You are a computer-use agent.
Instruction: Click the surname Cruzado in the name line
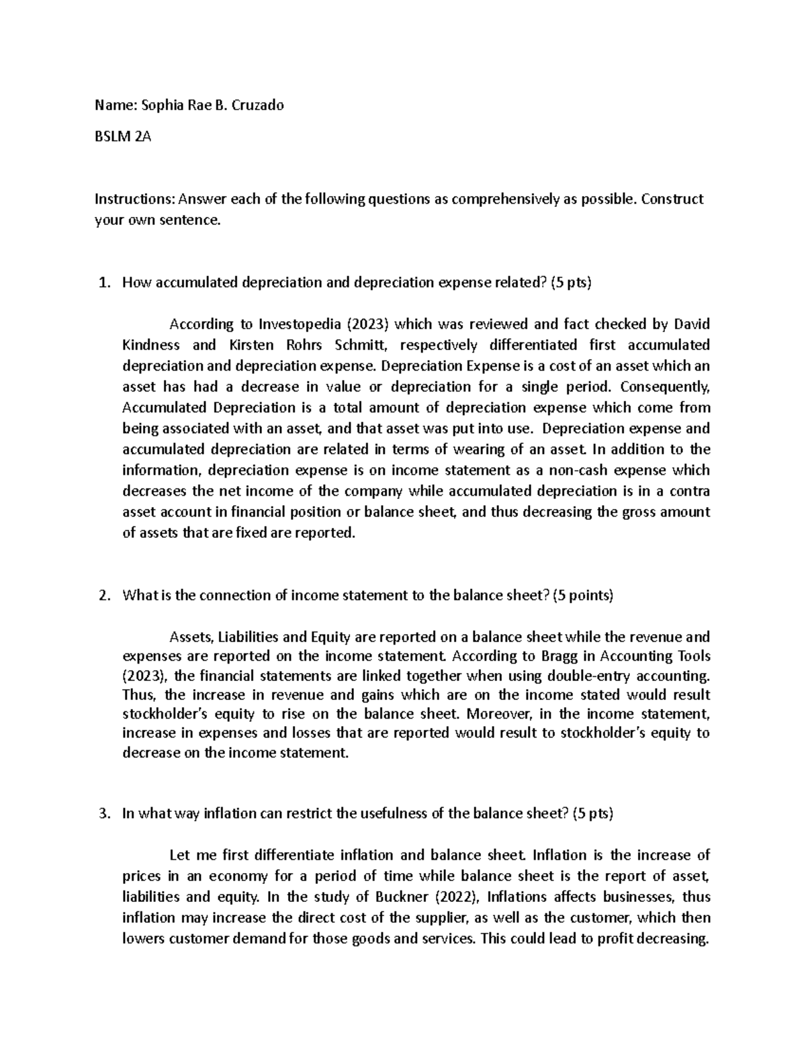(258, 105)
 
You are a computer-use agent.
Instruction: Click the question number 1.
(103, 283)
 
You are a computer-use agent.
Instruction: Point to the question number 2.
(103, 596)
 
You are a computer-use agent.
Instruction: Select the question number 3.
(103, 814)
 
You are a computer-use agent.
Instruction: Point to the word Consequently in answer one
(665, 387)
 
